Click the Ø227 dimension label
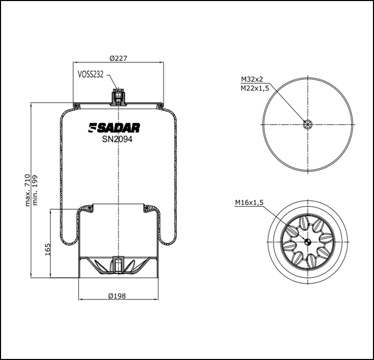click(x=119, y=58)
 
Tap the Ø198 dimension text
click(x=118, y=295)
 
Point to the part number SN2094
click(x=117, y=139)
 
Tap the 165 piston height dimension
click(x=47, y=249)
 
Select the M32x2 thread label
click(x=251, y=79)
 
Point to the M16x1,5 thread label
click(x=249, y=202)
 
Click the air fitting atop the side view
click(x=119, y=97)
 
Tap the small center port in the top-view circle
click(x=308, y=124)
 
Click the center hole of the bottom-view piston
click(x=308, y=241)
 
